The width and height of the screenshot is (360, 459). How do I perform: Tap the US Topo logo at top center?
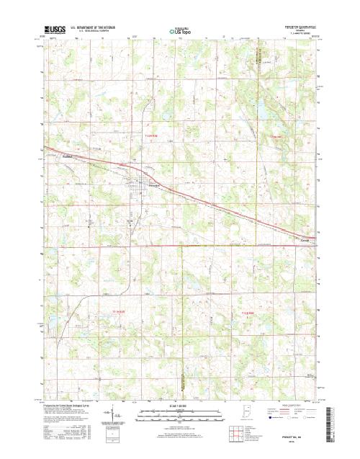(180, 31)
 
